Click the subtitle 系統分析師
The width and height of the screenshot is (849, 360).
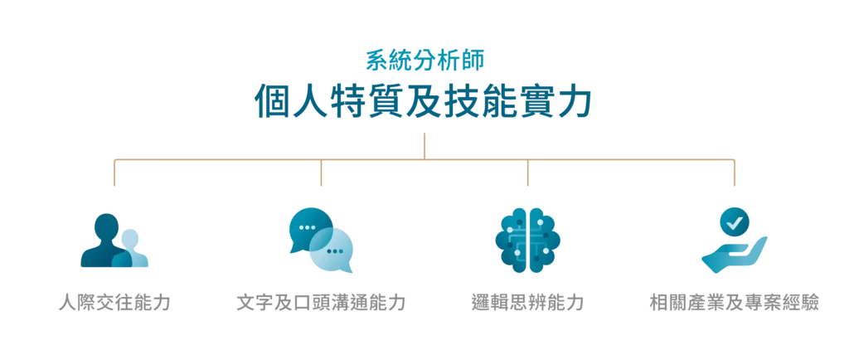424,61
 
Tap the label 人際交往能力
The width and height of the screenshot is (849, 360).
114,303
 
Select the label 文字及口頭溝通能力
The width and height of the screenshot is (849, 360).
321,303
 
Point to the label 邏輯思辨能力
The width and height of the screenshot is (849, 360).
528,303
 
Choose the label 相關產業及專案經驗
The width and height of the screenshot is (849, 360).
735,303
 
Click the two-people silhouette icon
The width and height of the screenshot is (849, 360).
114,241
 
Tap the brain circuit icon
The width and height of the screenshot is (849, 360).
528,240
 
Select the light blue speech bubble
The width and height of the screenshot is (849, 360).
332,251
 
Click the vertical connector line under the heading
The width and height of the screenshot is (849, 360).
424,146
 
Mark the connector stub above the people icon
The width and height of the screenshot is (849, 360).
114,173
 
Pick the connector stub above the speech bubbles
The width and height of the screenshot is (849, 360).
321,173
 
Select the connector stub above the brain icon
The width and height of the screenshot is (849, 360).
528,173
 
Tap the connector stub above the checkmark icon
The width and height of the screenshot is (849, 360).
735,173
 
